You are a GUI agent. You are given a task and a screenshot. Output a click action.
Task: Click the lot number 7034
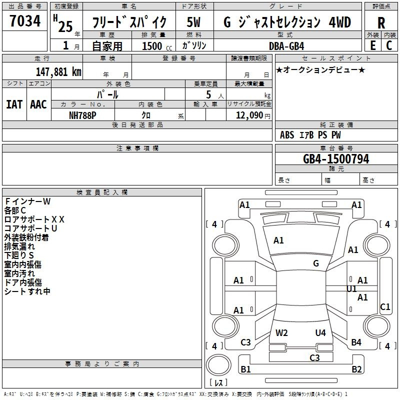25,21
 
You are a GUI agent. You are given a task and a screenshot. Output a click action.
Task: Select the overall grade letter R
381,23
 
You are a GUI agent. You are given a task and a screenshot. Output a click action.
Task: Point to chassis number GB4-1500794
336,159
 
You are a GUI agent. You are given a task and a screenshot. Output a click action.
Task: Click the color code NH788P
83,115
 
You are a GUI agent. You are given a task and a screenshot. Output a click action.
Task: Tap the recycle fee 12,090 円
249,115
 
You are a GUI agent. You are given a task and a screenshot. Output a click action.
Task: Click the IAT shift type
14,104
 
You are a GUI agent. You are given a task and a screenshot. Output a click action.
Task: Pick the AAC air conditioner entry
38,104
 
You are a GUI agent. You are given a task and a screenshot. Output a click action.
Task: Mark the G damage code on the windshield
316,263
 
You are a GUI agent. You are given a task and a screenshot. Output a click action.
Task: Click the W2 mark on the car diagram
282,332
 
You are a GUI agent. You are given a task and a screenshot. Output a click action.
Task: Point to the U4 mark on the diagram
320,332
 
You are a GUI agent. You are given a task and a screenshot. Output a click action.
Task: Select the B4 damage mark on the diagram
356,342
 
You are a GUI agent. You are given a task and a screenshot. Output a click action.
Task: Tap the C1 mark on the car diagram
385,307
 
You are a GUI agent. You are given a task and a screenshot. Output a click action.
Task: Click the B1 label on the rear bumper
245,369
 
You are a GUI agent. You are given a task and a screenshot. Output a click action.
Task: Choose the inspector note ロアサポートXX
34,219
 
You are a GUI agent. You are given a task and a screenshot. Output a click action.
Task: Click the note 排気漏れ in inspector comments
19,246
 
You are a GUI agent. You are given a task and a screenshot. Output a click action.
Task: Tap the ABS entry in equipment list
287,135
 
